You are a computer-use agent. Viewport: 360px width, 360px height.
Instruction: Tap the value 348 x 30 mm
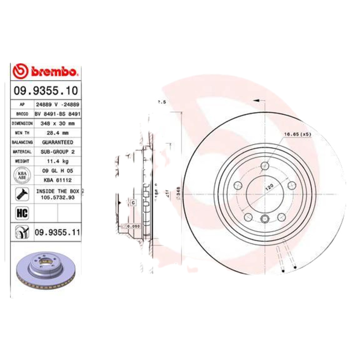pyautogui.click(x=58, y=123)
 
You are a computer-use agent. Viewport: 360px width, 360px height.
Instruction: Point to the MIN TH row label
pyautogui.click(x=22, y=133)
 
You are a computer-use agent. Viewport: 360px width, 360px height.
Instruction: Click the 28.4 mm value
pyautogui.click(x=58, y=133)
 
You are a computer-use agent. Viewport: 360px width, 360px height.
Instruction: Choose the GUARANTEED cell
pyautogui.click(x=58, y=142)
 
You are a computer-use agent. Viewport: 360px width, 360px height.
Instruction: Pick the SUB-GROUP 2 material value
pyautogui.click(x=58, y=152)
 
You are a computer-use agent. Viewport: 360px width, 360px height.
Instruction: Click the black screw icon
pyautogui.click(x=22, y=194)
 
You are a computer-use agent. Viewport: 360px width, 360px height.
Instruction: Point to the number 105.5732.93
pyautogui.click(x=58, y=197)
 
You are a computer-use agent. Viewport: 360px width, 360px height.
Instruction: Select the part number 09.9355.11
pyautogui.click(x=57, y=232)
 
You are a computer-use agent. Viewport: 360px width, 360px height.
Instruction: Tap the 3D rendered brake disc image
pyautogui.click(x=45, y=270)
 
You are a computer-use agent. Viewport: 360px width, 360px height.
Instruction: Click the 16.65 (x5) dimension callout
pyautogui.click(x=297, y=135)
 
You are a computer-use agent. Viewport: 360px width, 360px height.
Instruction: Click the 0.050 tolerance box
pyautogui.click(x=131, y=226)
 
